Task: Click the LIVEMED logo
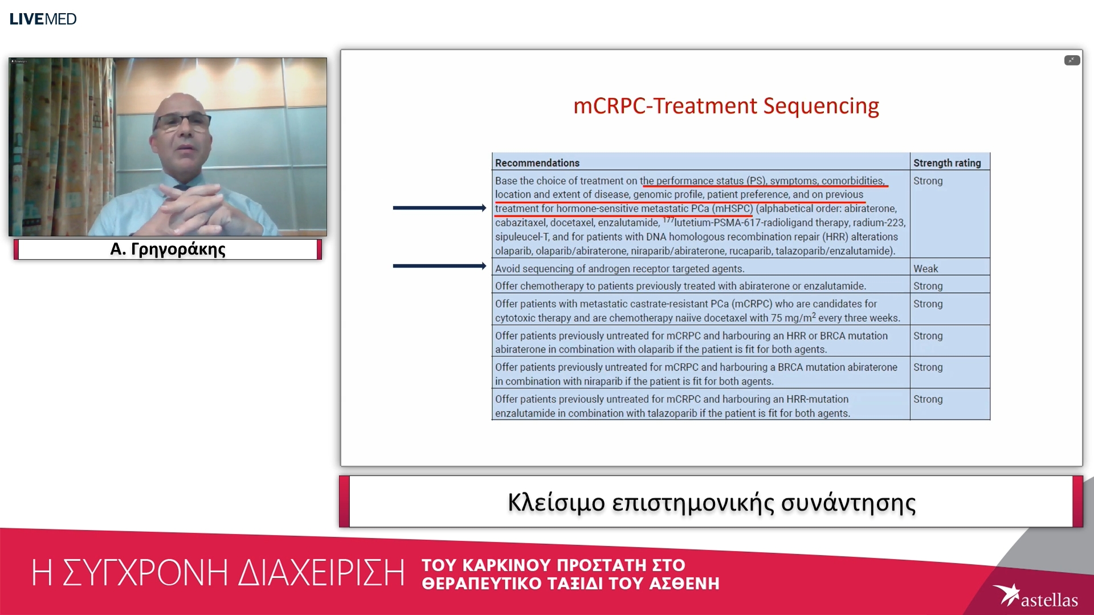click(43, 19)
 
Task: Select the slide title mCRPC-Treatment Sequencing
click(725, 106)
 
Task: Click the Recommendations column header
click(537, 163)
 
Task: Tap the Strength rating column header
click(946, 163)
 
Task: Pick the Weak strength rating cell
click(925, 268)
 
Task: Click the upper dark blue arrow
click(439, 208)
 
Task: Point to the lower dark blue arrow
click(439, 266)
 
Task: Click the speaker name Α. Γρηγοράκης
click(168, 249)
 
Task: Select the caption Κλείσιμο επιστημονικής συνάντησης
click(711, 502)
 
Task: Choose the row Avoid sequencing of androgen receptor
click(619, 268)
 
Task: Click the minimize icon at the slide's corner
click(1071, 60)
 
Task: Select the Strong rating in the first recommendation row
click(928, 181)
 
